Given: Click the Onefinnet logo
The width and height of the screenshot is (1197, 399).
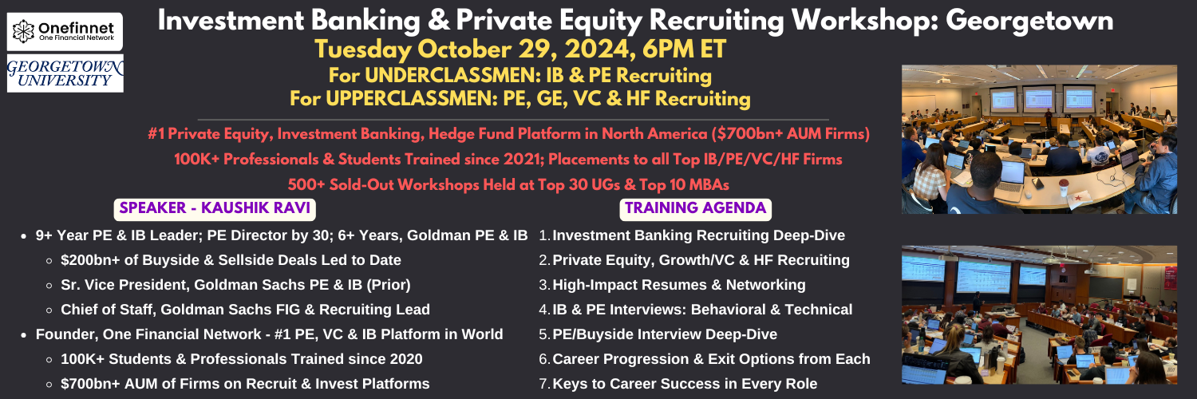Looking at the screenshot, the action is coord(65,31).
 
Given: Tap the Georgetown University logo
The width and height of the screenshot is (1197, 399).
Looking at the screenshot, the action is coord(65,73).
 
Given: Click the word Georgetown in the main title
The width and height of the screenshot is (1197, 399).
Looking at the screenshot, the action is coord(1029,21).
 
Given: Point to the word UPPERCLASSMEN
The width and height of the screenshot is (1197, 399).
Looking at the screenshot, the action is coord(410,99).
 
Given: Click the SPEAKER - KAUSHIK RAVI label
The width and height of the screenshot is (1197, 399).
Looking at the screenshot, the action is coord(215,208).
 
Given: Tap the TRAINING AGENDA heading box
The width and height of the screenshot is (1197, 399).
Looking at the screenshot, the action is coord(695,208).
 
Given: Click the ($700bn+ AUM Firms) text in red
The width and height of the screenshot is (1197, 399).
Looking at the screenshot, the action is coord(790,133).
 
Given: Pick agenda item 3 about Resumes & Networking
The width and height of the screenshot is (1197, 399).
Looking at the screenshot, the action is coord(672,285).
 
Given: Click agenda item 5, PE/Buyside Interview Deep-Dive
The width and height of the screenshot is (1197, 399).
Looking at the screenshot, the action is coord(658,334).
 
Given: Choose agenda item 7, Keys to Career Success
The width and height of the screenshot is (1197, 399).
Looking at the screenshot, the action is coord(678,384).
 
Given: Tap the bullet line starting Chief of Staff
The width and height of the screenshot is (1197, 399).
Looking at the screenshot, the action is coord(245,310).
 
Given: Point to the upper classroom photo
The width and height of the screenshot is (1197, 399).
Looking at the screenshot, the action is coord(1039,140).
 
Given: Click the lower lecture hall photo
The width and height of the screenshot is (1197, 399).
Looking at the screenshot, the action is coord(1039,314).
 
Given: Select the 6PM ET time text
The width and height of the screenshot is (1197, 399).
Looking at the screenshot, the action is coord(684,49).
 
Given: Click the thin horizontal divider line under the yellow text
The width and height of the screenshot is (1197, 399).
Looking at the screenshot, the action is coord(513,120).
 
